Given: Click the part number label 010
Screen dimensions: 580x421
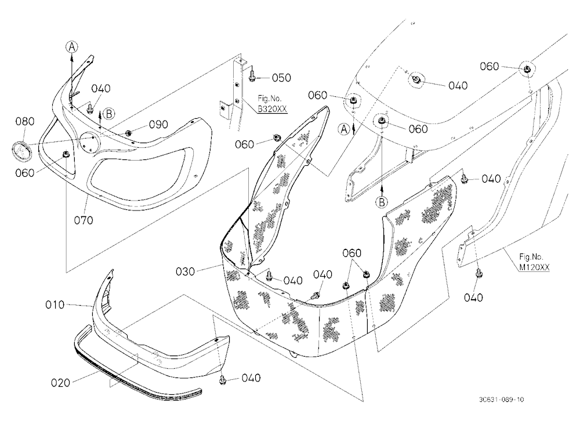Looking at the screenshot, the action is (x=55, y=305).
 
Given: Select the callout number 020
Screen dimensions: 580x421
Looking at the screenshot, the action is (x=61, y=383).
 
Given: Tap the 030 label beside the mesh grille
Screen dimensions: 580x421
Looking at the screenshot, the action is (x=185, y=272).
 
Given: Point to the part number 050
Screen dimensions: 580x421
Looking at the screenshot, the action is (x=281, y=78).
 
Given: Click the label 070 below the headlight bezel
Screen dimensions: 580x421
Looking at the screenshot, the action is (x=84, y=220).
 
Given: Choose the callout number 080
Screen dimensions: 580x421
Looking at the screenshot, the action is (x=25, y=121).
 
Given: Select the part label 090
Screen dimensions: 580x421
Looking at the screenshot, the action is (x=158, y=125).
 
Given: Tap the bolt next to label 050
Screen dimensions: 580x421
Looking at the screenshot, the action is (x=252, y=75).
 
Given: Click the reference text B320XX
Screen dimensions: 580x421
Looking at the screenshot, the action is (x=272, y=109).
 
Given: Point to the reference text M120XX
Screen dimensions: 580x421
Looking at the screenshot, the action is (x=535, y=267).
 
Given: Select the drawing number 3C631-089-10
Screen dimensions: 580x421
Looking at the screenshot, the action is (x=501, y=400).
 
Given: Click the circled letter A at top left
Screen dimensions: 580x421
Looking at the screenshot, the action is (x=72, y=46).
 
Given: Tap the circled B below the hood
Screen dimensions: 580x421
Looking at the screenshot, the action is (x=382, y=202).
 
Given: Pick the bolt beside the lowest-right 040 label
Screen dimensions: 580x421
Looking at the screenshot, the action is (x=478, y=273).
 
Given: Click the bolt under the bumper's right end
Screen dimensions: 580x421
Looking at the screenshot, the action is (x=223, y=378).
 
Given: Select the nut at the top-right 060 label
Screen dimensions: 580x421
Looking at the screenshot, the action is (x=527, y=69).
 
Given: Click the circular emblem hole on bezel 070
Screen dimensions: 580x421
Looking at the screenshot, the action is (x=90, y=141).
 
